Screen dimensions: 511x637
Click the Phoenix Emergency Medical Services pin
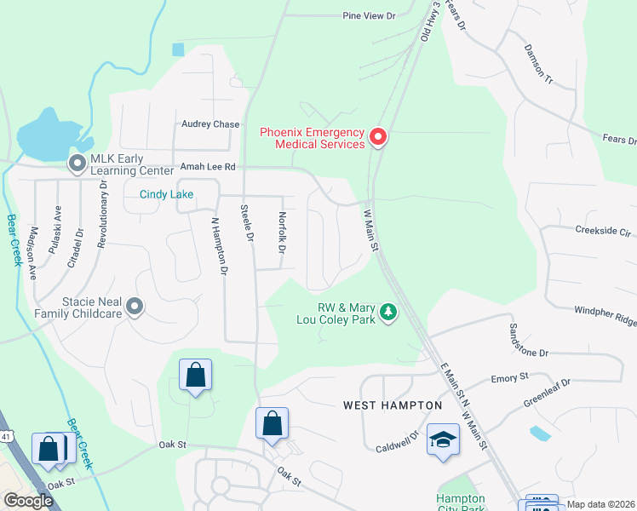tap(377, 136)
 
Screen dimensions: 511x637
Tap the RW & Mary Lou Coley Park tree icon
tap(388, 313)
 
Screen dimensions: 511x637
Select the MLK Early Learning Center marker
tap(77, 162)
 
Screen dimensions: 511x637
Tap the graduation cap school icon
tap(443, 440)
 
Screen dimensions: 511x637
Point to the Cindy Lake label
tap(167, 194)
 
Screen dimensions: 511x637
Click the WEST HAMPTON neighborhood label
tap(393, 405)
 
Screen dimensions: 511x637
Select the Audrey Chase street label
tap(210, 124)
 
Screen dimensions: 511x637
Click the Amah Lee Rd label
tap(206, 168)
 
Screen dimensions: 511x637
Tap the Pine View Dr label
tap(370, 15)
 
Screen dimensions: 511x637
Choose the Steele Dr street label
tap(247, 223)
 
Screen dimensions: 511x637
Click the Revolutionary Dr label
tap(102, 214)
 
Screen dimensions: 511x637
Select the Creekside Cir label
tap(603, 230)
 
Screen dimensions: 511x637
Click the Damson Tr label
tap(539, 65)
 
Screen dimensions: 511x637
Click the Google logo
tap(28, 500)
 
